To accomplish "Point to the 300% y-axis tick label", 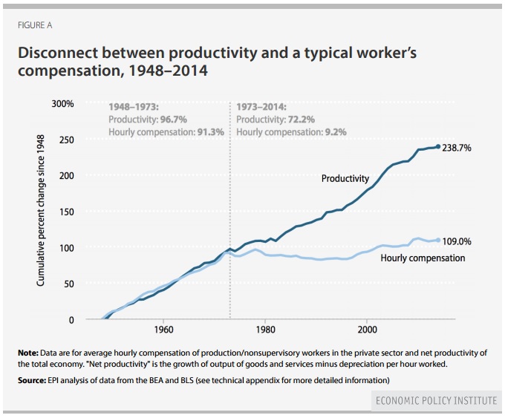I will tap(62, 104).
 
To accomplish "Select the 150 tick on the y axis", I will tap(67, 212).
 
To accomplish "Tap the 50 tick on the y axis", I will tap(69, 284).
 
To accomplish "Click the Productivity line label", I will tap(345, 178).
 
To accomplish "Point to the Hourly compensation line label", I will tap(423, 258).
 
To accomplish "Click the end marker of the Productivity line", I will tap(438, 146).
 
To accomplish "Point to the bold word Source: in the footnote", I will tap(34, 380).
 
